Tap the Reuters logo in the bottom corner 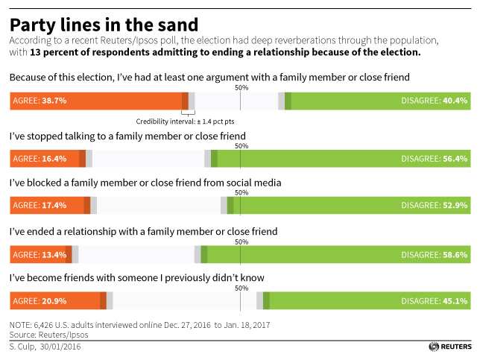point(450,347)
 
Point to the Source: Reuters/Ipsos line point(45,335)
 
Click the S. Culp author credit point(45,347)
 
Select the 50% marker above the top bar point(241,88)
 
